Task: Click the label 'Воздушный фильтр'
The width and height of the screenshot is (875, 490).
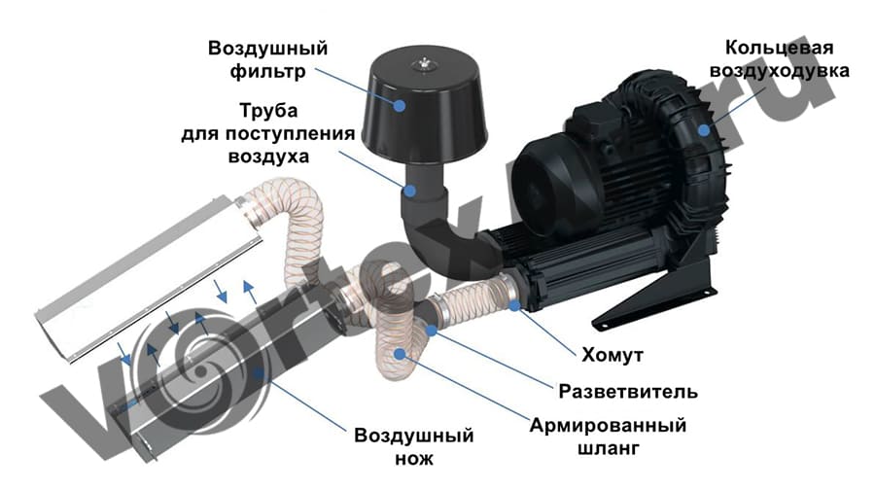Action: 268,59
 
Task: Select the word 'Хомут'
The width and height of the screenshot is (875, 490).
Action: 612,355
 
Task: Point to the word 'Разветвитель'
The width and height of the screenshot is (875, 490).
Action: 628,391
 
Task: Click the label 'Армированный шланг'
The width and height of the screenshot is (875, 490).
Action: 608,436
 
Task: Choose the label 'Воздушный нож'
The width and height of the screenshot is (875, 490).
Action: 414,446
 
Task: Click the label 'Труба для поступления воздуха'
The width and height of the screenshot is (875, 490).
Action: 268,133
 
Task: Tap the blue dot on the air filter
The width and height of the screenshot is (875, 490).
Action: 400,105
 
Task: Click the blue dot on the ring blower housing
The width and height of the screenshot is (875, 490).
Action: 704,130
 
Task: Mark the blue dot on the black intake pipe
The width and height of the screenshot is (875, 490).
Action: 410,191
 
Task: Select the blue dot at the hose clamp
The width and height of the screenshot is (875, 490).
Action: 514,304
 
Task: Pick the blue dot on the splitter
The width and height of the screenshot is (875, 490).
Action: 431,331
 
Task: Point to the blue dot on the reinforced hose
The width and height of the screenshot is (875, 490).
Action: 400,353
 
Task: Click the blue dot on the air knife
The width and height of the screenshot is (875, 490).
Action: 258,372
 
